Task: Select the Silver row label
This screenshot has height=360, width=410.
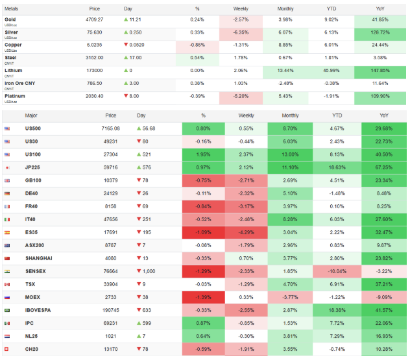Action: tap(12, 32)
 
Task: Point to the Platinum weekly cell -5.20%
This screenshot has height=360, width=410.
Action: tap(241, 95)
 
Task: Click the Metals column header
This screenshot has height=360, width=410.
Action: tap(12, 8)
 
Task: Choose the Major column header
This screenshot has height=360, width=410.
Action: tap(31, 115)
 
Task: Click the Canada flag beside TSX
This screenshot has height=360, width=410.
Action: tap(7, 284)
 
